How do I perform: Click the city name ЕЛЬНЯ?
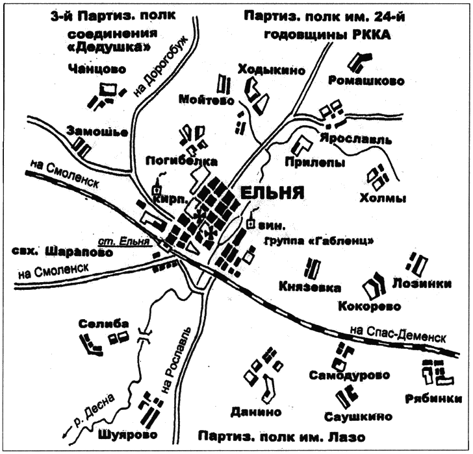(x=272, y=193)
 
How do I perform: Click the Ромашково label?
(x=366, y=81)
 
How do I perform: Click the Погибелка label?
(x=181, y=160)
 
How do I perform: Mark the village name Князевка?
(x=309, y=285)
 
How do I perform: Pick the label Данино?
(x=255, y=412)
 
